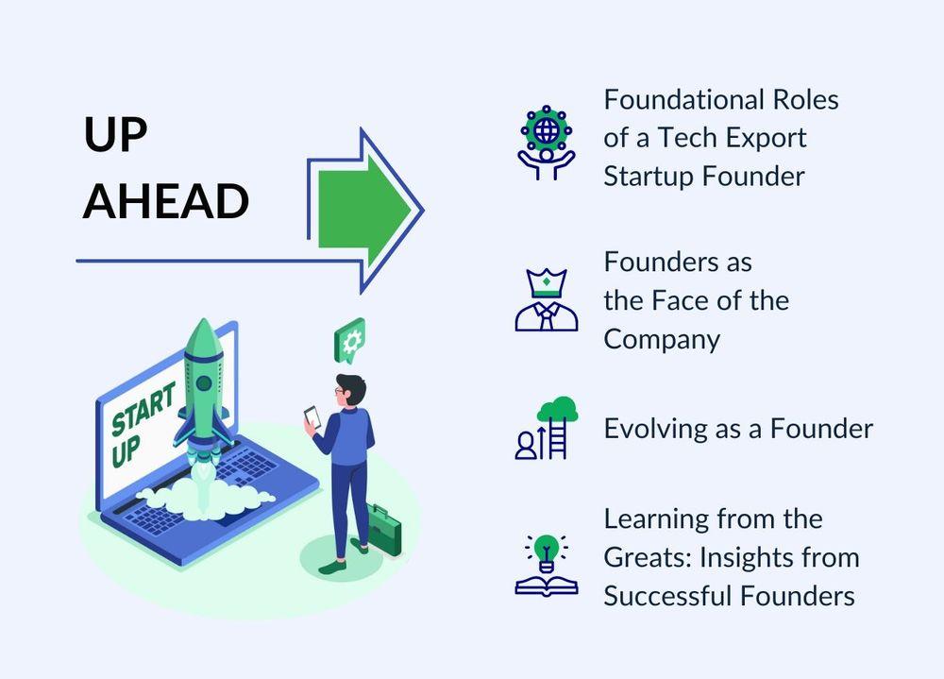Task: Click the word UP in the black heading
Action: [115, 134]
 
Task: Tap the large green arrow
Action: [364, 211]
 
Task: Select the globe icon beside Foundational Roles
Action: [546, 143]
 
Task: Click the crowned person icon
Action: [546, 299]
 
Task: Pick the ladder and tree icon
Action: [546, 428]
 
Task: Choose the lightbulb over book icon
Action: [546, 565]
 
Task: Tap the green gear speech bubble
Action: [350, 340]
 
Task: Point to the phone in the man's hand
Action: [312, 416]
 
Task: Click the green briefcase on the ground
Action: [383, 529]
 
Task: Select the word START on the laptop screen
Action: [143, 408]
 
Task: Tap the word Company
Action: [662, 340]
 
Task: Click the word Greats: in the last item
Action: [648, 558]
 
